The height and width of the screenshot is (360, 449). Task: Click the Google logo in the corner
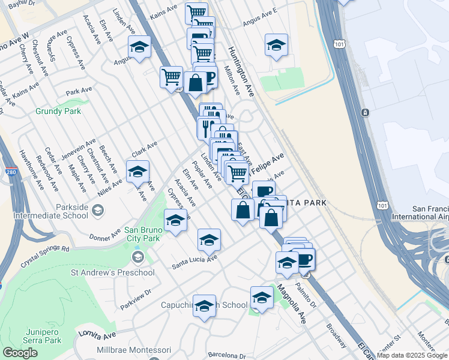(x=20, y=353)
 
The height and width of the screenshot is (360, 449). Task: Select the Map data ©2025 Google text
(x=412, y=355)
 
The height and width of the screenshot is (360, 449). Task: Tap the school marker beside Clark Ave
(x=137, y=172)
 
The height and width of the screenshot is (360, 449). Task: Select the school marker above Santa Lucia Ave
(x=208, y=240)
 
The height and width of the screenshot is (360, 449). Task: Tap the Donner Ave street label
(x=106, y=236)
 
